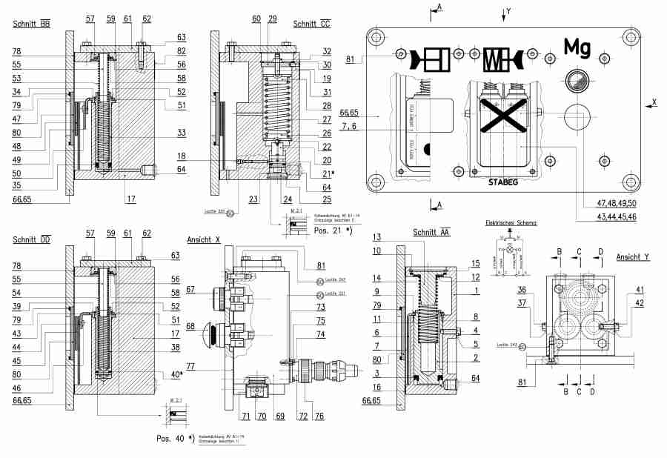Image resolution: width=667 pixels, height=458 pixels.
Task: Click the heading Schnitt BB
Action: [30, 24]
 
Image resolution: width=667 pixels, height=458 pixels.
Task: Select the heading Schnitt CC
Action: [311, 24]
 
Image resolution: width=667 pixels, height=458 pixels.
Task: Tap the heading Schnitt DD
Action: [30, 239]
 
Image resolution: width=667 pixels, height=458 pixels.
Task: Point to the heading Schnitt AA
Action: [431, 233]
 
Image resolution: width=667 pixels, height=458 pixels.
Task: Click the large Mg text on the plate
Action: [577, 47]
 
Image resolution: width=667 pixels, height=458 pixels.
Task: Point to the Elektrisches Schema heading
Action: [511, 222]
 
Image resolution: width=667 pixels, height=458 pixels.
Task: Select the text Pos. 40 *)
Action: [175, 439]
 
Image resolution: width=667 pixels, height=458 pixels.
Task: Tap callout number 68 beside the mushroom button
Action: [190, 327]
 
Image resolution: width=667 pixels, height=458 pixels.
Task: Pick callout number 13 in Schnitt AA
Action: [376, 237]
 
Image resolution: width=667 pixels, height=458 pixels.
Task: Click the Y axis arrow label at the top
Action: [508, 10]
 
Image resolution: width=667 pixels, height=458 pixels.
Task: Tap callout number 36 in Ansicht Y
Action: [522, 290]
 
